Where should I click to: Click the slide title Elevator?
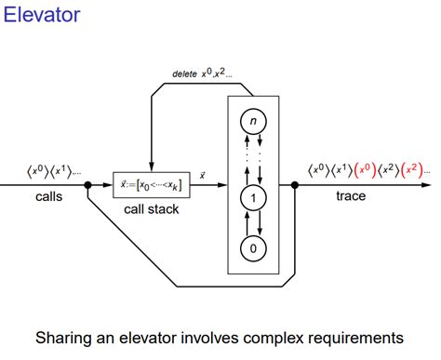[41, 15]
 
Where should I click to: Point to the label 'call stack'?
[152, 209]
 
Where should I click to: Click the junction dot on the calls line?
[87, 185]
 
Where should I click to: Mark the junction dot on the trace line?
[295, 185]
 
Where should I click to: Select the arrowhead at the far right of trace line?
[434, 185]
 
